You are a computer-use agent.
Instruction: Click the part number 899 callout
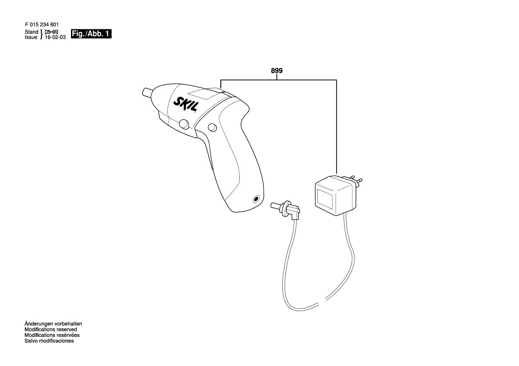point(277,70)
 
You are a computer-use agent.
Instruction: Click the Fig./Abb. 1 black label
point(91,34)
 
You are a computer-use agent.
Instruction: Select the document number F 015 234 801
point(42,25)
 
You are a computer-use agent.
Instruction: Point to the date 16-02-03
point(55,38)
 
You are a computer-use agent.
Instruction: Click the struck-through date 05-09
point(52,32)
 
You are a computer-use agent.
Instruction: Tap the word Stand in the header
point(32,32)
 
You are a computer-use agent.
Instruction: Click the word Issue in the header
point(31,38)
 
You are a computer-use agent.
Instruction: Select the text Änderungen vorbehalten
point(53,324)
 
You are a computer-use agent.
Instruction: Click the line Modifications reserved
point(51,330)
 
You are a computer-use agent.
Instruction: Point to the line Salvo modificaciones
point(49,341)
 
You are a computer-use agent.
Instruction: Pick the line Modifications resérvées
point(51,335)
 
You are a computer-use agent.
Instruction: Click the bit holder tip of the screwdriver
point(147,93)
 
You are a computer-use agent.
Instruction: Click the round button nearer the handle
point(212,127)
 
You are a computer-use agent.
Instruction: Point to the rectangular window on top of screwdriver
point(208,94)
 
